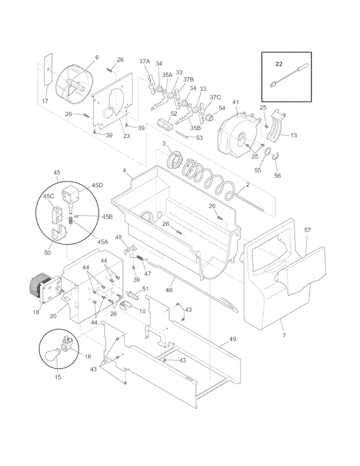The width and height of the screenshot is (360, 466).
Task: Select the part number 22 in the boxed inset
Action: pos(279,63)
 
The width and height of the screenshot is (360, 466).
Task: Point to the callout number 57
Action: pos(307,230)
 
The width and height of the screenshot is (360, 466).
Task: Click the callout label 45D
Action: pos(97,185)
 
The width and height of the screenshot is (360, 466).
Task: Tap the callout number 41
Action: pos(235,103)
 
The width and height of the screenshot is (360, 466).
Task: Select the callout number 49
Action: pos(232,339)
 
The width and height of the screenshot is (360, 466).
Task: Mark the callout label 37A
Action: pos(144,61)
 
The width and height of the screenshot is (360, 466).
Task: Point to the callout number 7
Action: pos(284,335)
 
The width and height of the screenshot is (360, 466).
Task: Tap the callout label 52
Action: pos(174,114)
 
